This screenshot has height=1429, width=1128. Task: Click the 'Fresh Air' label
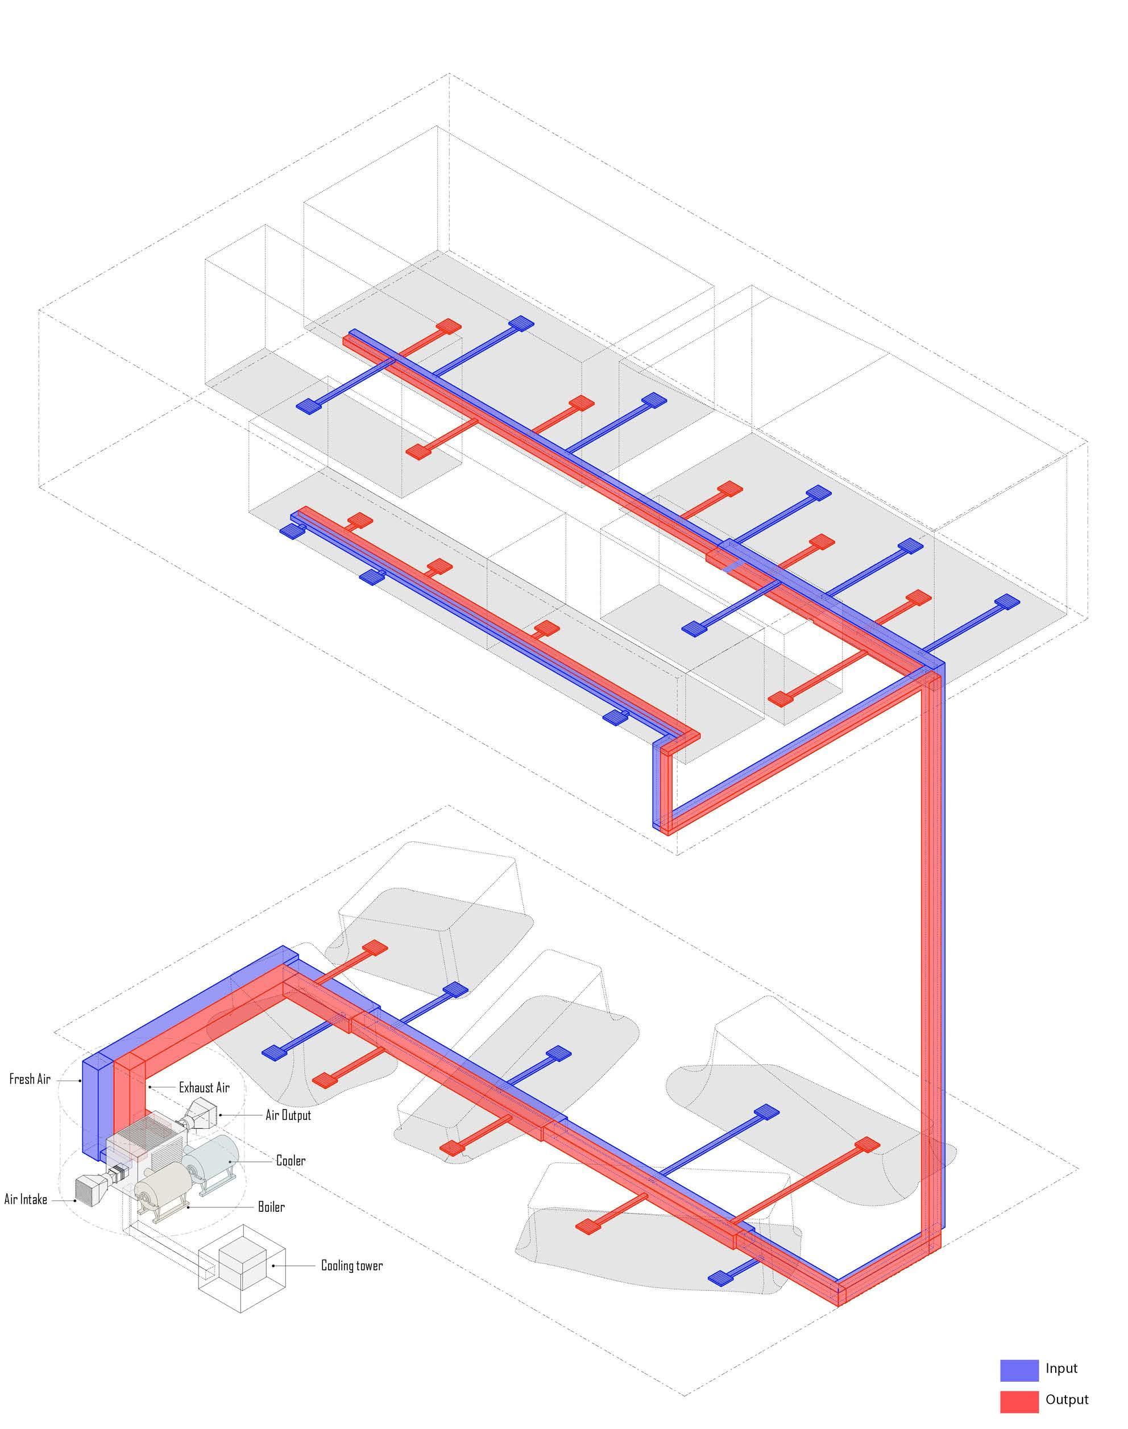30,1079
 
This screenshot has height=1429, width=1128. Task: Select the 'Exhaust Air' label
204,1087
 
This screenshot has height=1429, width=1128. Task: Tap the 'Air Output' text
288,1115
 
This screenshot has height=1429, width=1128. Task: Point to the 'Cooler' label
291,1160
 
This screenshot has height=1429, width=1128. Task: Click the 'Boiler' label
271,1207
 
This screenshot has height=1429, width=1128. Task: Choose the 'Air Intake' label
26,1199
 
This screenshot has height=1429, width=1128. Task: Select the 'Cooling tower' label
351,1265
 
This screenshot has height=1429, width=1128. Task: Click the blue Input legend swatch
1019,1370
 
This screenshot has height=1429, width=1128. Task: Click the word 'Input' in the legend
1061,1368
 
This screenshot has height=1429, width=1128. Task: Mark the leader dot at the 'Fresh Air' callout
81,1081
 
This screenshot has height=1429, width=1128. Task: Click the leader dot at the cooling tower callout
273,1266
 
